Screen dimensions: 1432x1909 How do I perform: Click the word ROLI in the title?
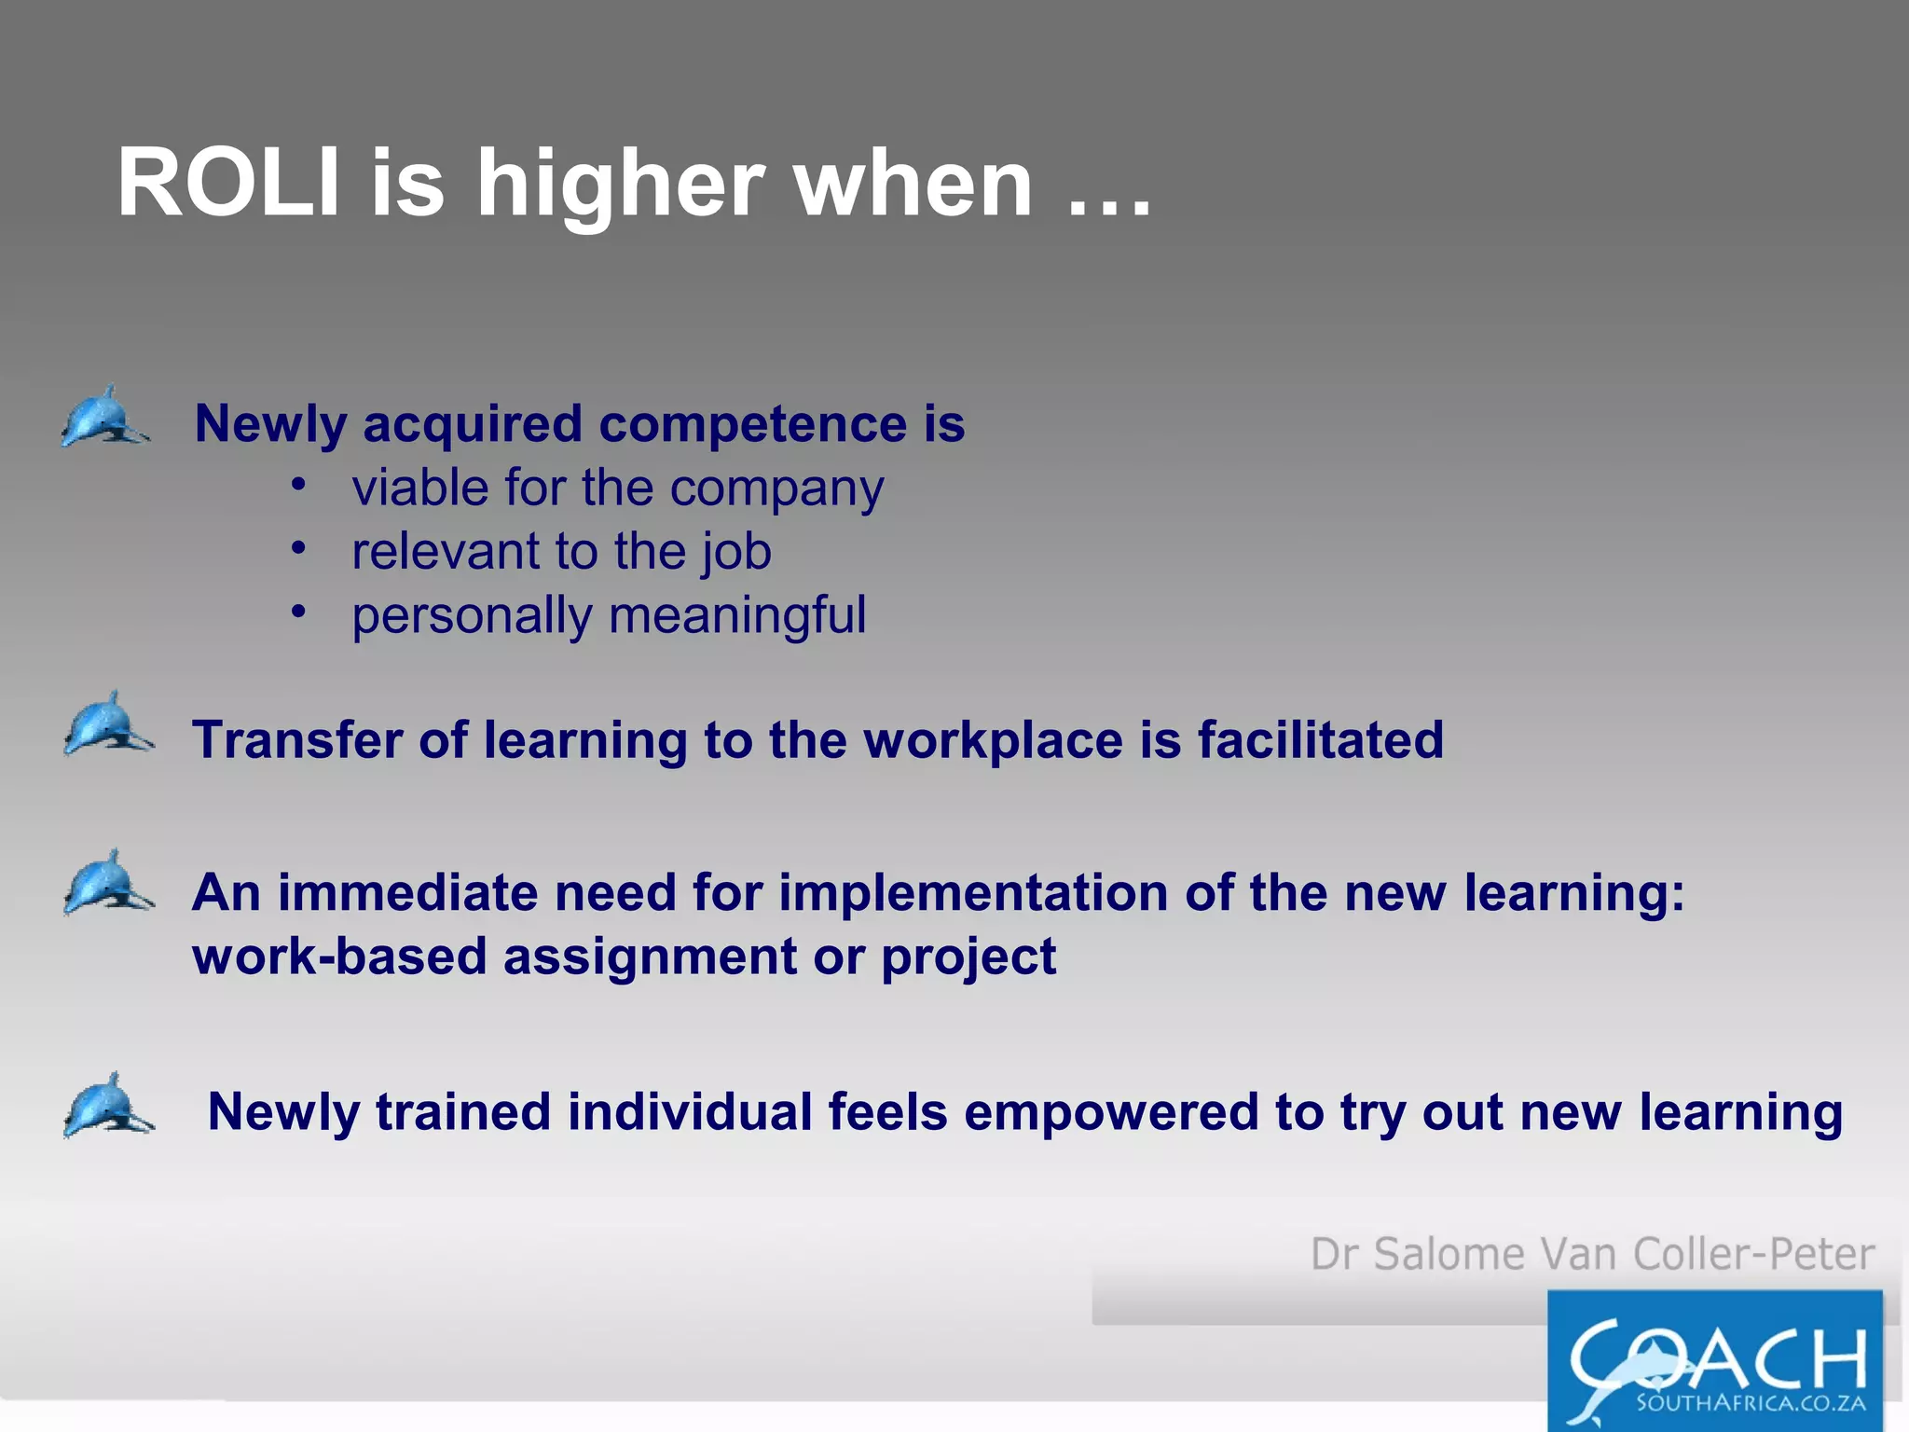[228, 184]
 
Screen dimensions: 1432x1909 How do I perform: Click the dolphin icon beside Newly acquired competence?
[104, 418]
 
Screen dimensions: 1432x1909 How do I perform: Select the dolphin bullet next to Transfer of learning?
[108, 724]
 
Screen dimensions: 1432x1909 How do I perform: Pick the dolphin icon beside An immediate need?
[108, 883]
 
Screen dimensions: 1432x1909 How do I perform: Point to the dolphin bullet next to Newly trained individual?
[108, 1106]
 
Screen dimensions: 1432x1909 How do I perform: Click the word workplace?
[993, 740]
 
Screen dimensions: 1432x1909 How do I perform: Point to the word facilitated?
[1320, 740]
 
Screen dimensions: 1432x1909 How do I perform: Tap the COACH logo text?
[1717, 1356]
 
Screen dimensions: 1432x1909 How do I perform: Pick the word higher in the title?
[620, 184]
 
